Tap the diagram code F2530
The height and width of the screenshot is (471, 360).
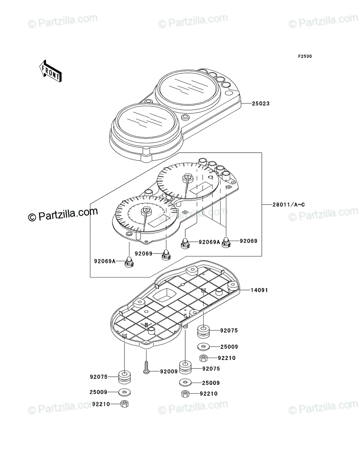pos(305,57)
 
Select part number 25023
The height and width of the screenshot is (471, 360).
pos(261,104)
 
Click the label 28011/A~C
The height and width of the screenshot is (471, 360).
pos(289,205)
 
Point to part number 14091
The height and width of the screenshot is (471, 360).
pos(259,290)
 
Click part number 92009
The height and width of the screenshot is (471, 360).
pos(169,371)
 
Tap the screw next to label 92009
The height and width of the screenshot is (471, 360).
pos(146,367)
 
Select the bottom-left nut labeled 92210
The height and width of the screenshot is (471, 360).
pos(124,404)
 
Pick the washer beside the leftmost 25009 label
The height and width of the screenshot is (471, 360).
pos(124,392)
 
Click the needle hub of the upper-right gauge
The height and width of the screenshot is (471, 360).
pos(188,177)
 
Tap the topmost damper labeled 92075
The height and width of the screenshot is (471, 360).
pos(203,331)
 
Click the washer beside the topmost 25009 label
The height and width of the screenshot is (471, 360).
pos(203,347)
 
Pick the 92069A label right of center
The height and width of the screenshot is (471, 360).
pos(209,242)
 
